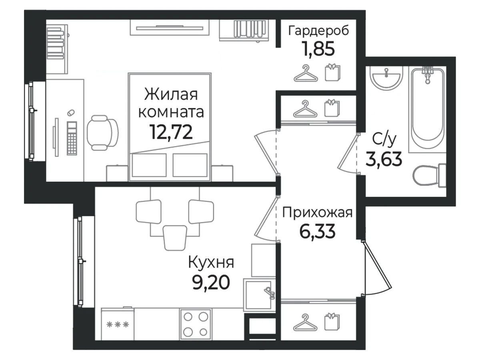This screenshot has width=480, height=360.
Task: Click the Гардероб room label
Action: (x=318, y=31)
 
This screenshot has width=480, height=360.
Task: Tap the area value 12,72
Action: (x=171, y=132)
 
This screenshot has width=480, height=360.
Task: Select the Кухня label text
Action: (x=211, y=262)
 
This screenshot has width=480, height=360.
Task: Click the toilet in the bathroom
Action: (x=429, y=175)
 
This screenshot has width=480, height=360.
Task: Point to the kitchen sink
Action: (x=260, y=295)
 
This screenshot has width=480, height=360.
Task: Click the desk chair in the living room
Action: (x=102, y=133)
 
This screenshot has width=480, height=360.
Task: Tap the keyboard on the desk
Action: (x=72, y=138)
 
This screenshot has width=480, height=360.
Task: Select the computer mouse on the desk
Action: (x=71, y=113)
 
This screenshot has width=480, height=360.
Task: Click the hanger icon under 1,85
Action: (x=306, y=74)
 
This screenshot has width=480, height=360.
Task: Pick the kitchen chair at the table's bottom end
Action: (x=175, y=238)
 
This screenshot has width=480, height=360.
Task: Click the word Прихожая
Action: (x=317, y=213)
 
